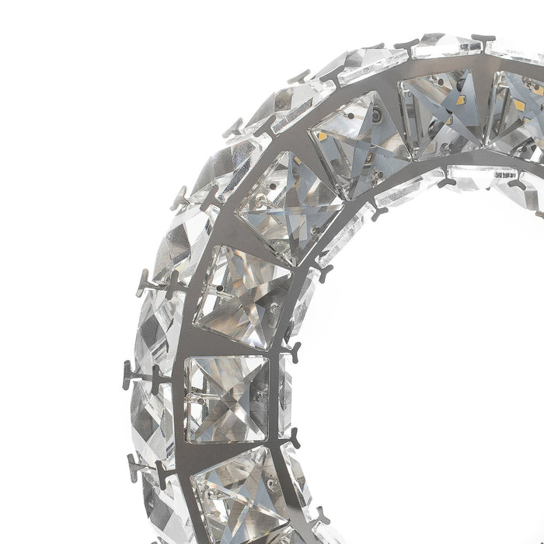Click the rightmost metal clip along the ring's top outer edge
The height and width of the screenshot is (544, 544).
(x=483, y=37)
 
